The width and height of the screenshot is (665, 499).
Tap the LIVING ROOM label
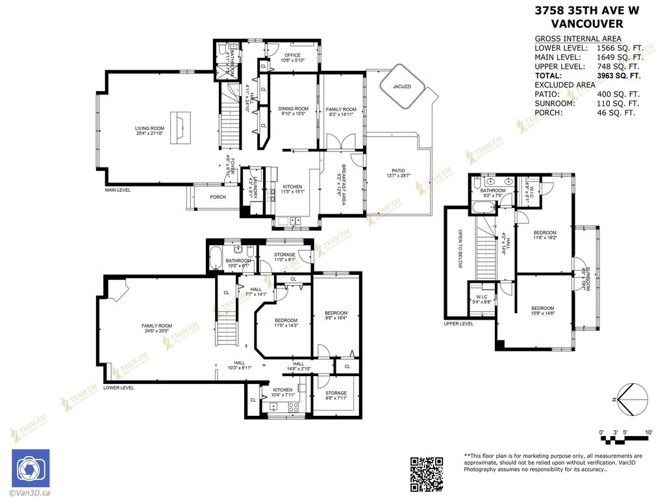click(x=149, y=129)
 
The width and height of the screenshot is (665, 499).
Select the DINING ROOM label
click(x=293, y=109)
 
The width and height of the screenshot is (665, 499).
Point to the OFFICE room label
click(x=292, y=55)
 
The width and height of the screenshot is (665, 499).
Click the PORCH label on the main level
click(x=218, y=197)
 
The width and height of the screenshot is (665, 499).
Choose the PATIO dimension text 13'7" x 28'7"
click(x=398, y=176)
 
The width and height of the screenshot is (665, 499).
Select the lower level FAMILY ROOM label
click(x=157, y=326)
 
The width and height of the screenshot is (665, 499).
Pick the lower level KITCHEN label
click(x=282, y=390)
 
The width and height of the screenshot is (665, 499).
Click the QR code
click(x=427, y=474)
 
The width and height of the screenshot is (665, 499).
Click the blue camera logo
click(x=31, y=468)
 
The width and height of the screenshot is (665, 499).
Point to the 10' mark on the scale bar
click(x=647, y=432)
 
